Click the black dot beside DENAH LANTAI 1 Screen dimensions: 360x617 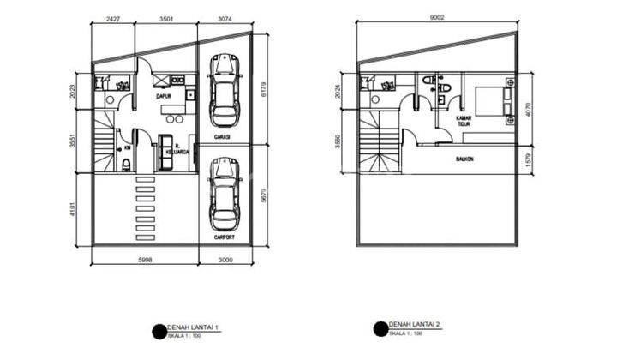tap(158, 330)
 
